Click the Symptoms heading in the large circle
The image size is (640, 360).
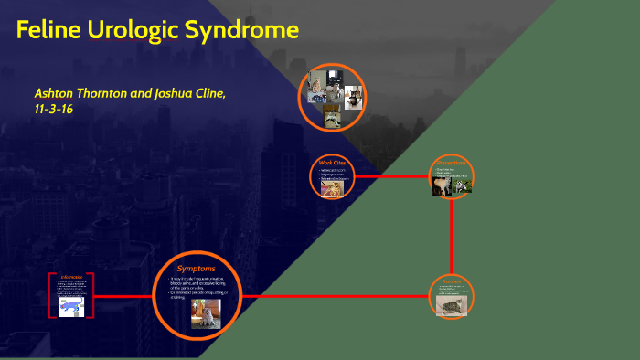tap(197, 269)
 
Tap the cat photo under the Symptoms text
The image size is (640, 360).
tap(206, 313)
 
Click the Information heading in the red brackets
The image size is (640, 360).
tap(72, 275)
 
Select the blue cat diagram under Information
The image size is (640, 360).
tap(70, 306)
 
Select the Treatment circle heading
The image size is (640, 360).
tap(453, 279)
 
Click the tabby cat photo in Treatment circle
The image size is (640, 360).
tap(452, 304)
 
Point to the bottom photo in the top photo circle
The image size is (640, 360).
tap(332, 115)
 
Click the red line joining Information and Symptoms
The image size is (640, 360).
tap(123, 296)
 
